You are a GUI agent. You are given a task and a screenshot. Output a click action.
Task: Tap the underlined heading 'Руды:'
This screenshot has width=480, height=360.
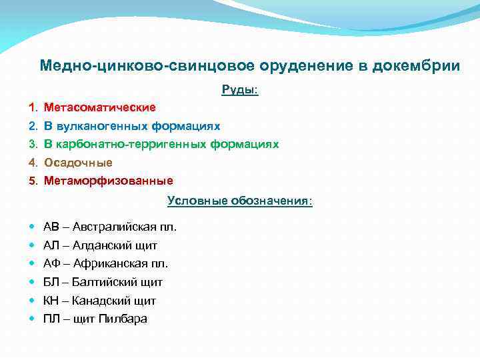(x=240, y=89)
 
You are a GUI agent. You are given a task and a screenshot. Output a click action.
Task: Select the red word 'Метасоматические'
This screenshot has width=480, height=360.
(x=100, y=107)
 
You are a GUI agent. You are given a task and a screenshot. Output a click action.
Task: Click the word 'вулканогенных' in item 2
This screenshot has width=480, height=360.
(x=97, y=125)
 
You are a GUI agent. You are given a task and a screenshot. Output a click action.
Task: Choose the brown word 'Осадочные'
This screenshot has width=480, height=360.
(x=78, y=162)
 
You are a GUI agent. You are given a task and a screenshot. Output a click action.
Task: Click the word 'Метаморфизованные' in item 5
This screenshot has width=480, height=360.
(x=109, y=180)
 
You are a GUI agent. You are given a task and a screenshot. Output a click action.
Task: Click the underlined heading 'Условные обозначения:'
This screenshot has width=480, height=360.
(x=239, y=200)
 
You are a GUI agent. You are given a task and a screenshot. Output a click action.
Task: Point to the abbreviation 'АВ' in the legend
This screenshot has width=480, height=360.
(x=51, y=227)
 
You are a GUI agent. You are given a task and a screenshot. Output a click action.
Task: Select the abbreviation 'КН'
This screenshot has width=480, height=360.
(x=52, y=300)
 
